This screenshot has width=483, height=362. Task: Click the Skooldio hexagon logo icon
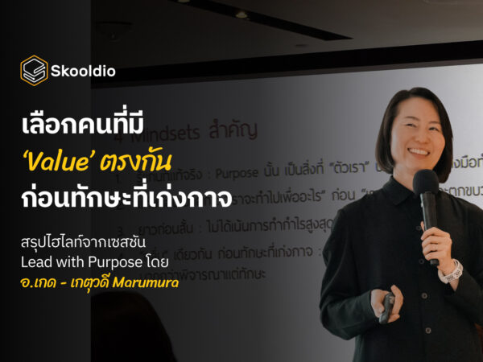click(x=34, y=70)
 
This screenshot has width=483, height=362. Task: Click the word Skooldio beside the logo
click(x=85, y=71)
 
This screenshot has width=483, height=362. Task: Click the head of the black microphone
click(x=423, y=186)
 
